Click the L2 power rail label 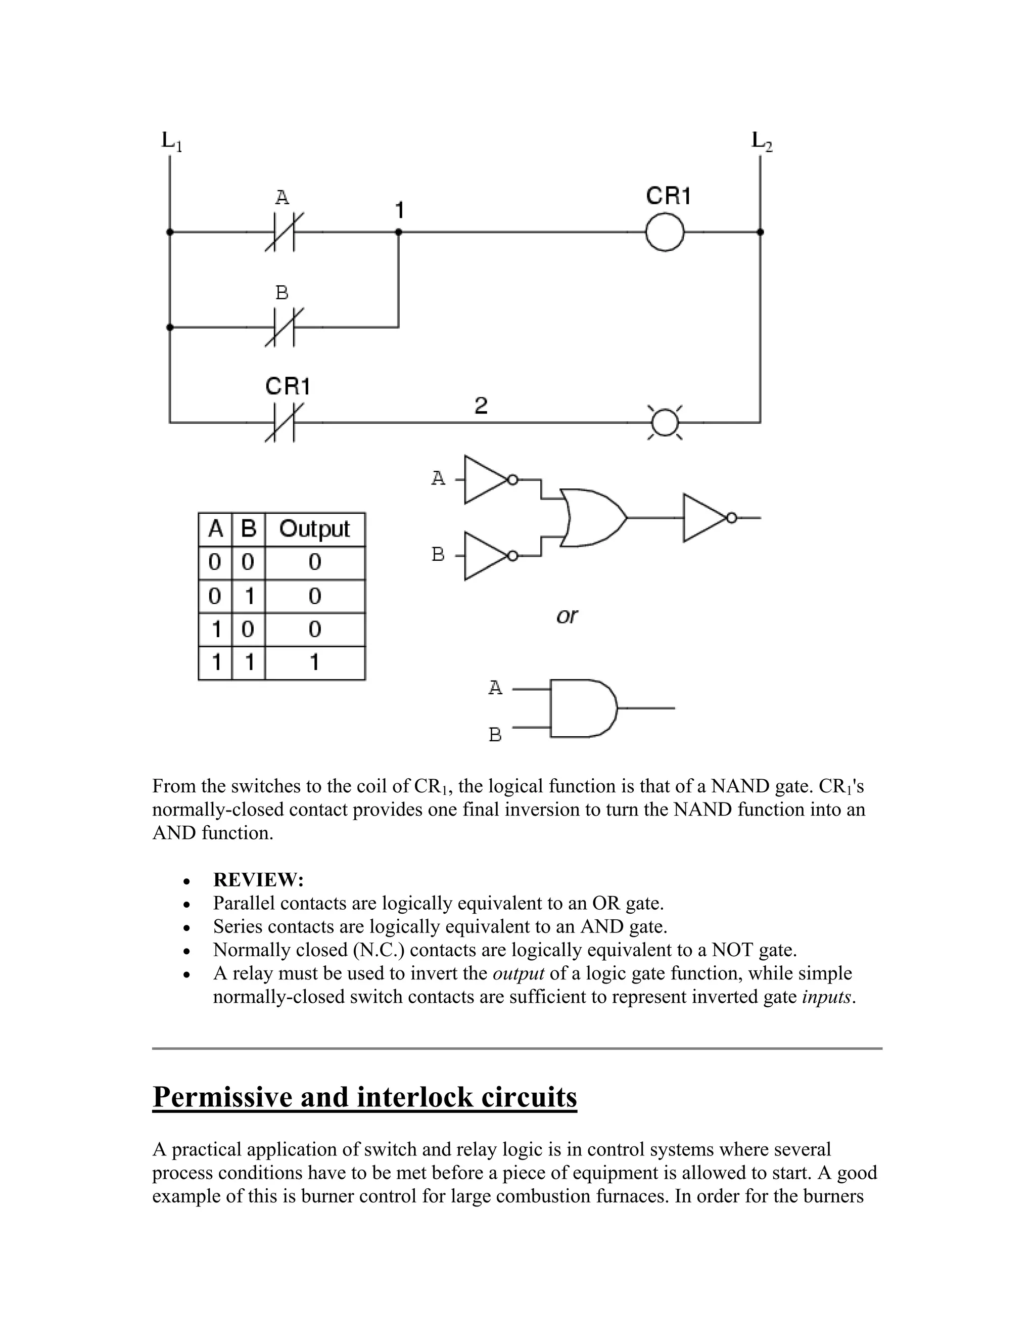tap(762, 141)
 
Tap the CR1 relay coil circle tap(665, 232)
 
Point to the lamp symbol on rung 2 tap(665, 422)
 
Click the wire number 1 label tap(399, 210)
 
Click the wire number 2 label tap(481, 406)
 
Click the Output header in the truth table tap(314, 529)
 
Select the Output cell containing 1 tap(314, 662)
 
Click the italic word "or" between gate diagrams tap(567, 615)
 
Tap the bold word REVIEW tap(258, 880)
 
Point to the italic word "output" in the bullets tap(518, 973)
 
